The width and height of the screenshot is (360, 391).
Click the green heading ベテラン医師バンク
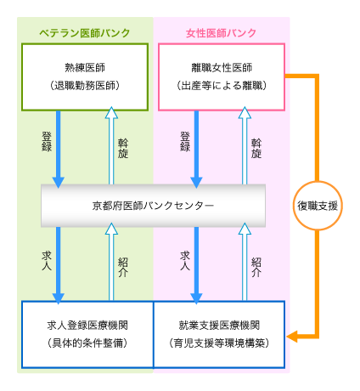84,33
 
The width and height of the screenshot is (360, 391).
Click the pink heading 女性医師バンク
221,33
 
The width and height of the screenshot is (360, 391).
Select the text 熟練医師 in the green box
85,68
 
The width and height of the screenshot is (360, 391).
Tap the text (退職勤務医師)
85,85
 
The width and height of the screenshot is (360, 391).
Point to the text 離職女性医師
222,68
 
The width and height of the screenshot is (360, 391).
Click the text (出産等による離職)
222,85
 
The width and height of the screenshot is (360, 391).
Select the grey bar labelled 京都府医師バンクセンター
153,206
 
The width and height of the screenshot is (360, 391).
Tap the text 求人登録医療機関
87,326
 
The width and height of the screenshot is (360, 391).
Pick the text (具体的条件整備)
87,343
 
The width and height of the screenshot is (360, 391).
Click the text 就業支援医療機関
219,326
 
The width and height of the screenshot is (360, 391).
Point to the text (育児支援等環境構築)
219,343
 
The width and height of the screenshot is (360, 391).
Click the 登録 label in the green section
47,142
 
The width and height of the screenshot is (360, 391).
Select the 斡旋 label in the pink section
256,149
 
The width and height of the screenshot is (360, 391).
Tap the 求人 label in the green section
47,261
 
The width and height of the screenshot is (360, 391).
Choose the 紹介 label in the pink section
256,268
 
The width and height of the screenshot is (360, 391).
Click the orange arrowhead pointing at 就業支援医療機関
292,337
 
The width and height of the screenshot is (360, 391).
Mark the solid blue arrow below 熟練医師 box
59,149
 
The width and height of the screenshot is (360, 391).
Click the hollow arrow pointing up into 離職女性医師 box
245,145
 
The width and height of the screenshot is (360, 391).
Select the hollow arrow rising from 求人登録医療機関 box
111,262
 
